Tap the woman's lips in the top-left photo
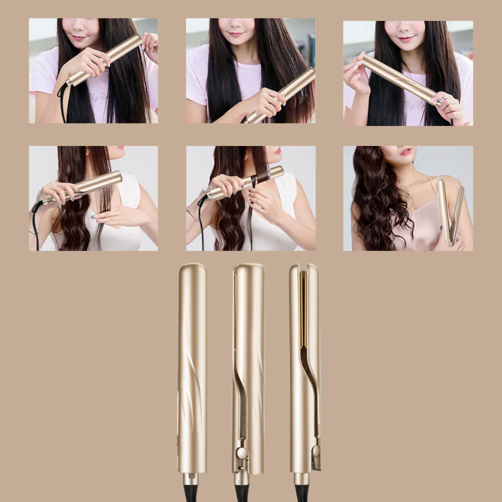click(79, 37)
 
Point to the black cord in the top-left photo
click(62, 102)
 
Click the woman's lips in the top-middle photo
click(236, 34)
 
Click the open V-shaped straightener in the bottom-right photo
click(450, 211)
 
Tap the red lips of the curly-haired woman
click(406, 152)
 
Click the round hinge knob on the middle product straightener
click(241, 453)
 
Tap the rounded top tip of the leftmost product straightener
click(192, 268)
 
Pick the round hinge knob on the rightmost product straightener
click(316, 450)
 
